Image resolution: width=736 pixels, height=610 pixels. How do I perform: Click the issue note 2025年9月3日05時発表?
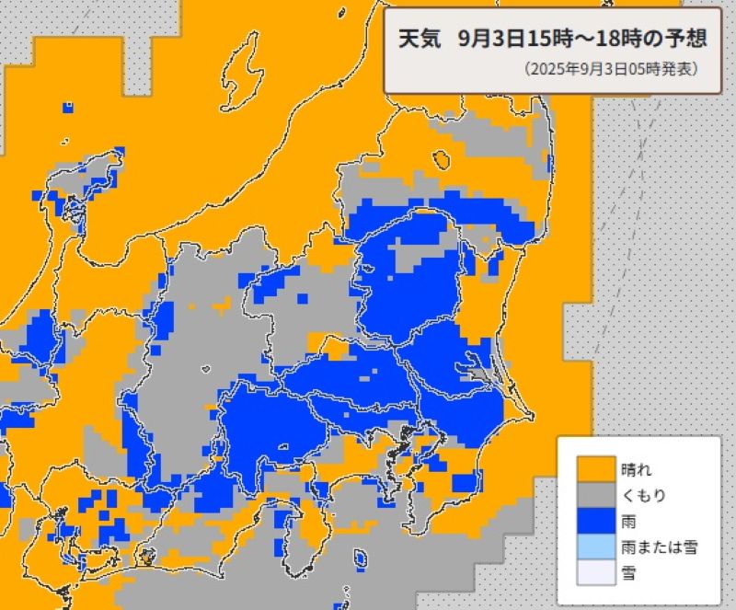610,69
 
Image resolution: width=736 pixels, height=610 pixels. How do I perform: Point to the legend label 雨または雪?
659,547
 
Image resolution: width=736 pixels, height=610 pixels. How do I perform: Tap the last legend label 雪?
628,573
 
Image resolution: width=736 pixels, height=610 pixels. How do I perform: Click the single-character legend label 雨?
628,522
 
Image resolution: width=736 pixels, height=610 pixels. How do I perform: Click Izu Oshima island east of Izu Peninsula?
360,557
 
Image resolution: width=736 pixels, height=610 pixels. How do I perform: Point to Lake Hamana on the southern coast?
146,556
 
